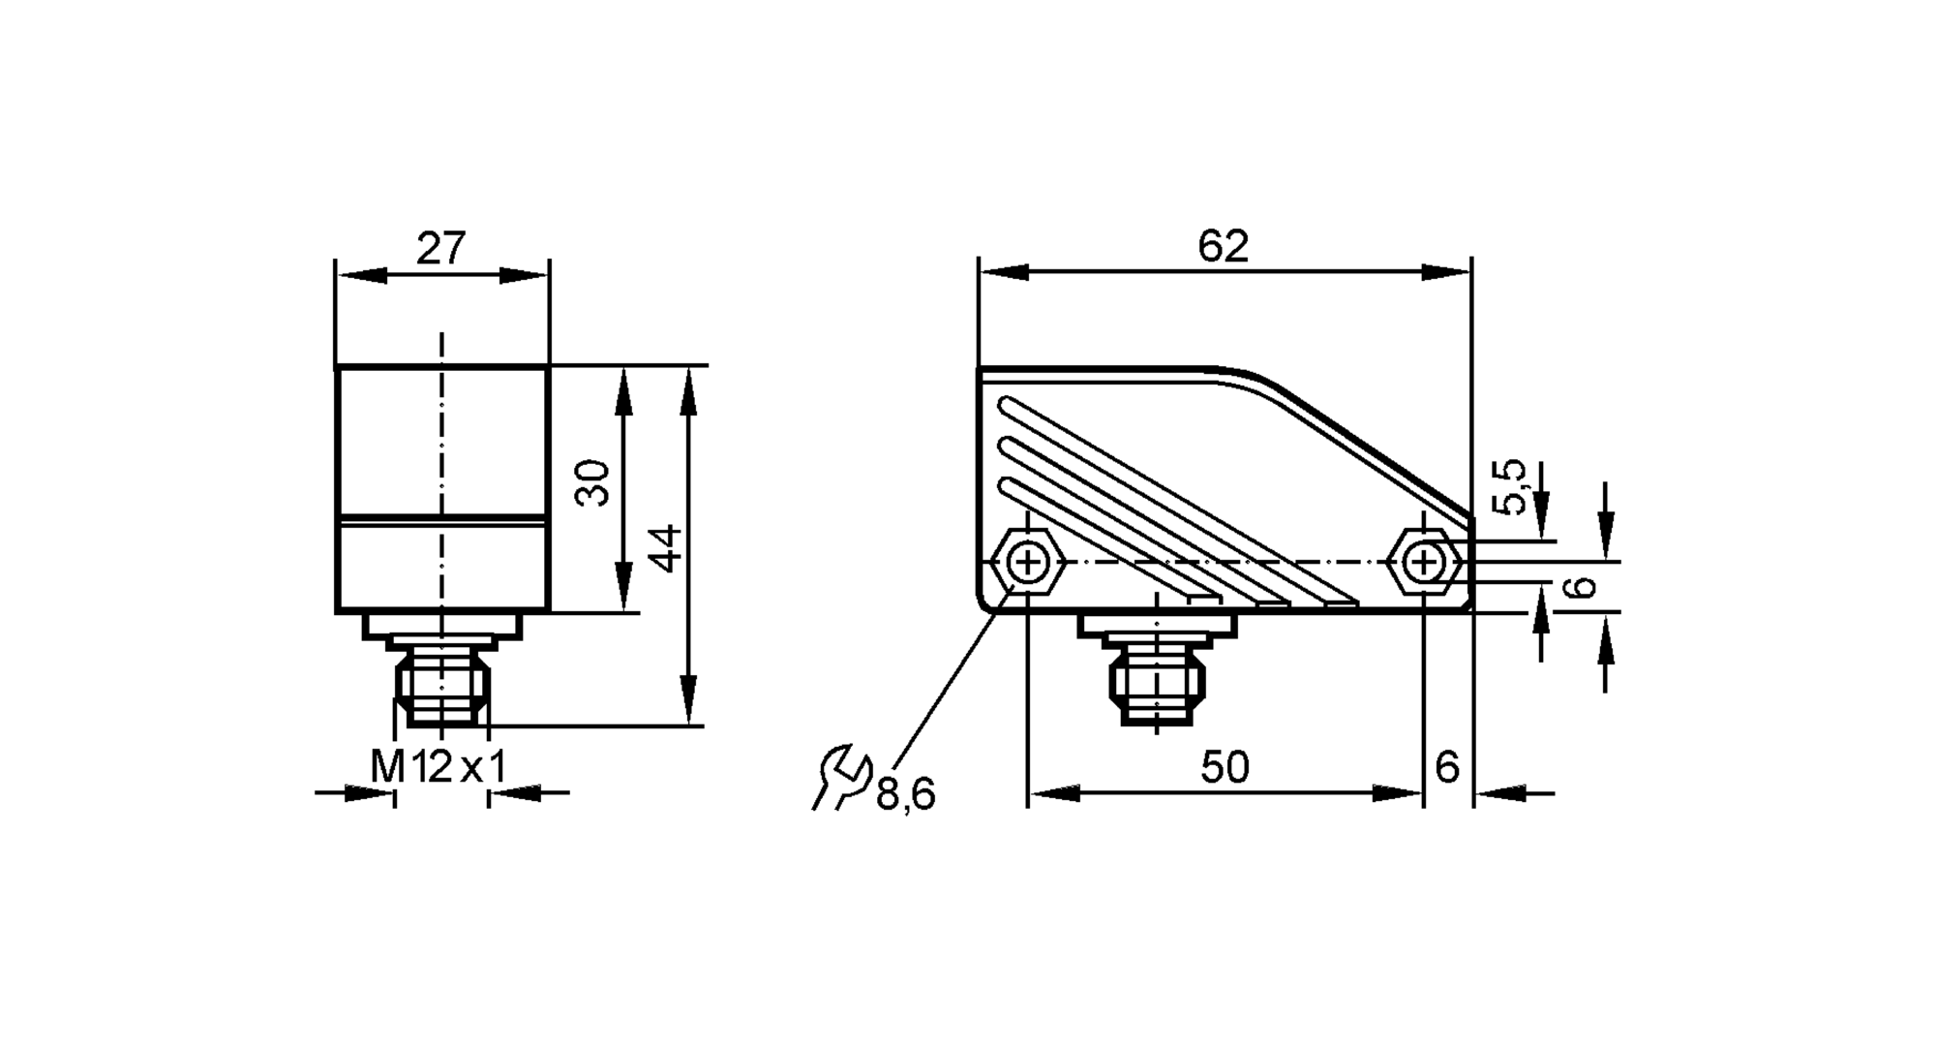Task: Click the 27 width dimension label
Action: click(x=441, y=249)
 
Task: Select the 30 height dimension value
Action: click(x=593, y=482)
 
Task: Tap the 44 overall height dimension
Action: click(x=666, y=547)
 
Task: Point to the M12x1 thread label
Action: click(x=439, y=768)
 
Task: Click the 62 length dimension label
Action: click(x=1224, y=247)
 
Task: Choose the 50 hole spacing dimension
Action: click(x=1225, y=768)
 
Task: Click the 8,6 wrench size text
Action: click(x=906, y=795)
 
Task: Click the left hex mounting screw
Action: click(x=1027, y=562)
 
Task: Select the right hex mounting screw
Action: click(x=1423, y=562)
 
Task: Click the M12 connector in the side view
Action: click(x=1158, y=684)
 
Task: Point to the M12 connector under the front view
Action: click(x=441, y=688)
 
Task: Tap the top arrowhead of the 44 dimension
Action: click(x=688, y=390)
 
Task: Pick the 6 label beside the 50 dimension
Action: click(x=1447, y=768)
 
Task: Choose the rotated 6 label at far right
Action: click(x=1580, y=588)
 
